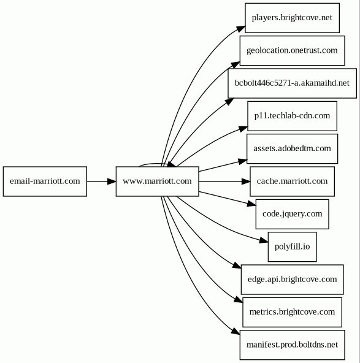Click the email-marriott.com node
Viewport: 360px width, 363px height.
point(45,181)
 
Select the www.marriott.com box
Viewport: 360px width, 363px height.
point(158,181)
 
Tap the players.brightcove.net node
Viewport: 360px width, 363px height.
point(292,18)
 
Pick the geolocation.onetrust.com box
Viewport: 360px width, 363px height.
point(292,51)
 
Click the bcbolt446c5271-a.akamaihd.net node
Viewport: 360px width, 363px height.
point(292,83)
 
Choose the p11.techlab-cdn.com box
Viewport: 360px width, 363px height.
point(292,116)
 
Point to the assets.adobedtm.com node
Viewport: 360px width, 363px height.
point(292,149)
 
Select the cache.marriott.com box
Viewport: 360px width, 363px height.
point(292,181)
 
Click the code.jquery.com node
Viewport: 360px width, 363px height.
point(292,214)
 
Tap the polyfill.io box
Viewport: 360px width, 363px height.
point(292,246)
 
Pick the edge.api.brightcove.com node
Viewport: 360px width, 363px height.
point(292,280)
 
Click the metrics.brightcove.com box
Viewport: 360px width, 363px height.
point(292,312)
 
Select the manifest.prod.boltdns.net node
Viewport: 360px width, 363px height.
point(292,345)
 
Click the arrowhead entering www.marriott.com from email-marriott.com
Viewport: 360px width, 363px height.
point(112,181)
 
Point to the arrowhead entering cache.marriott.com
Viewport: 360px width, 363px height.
point(246,181)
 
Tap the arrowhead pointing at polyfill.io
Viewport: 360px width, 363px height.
point(264,240)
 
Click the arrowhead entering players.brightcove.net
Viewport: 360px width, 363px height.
point(240,29)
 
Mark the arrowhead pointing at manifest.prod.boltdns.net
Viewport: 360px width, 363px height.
point(236,331)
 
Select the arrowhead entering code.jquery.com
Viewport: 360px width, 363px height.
point(251,204)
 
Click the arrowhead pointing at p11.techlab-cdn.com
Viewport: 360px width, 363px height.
point(243,129)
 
